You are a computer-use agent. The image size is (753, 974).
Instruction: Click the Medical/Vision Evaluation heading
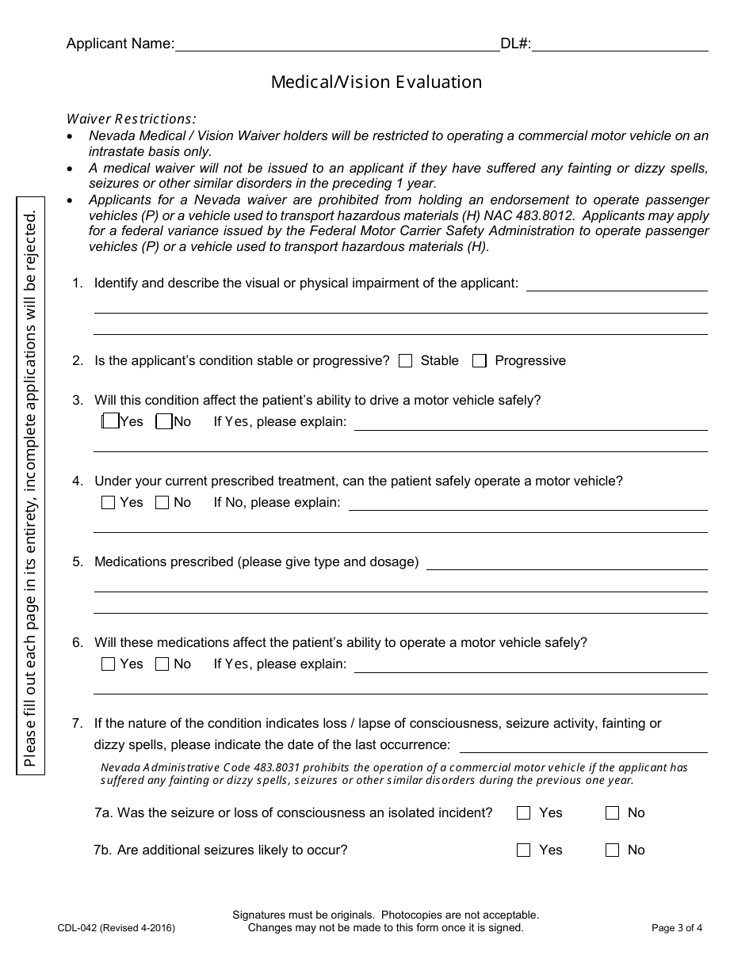click(x=376, y=82)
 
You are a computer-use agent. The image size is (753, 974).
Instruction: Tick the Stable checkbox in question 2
click(x=406, y=361)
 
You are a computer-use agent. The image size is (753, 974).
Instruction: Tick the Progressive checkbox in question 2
click(x=479, y=361)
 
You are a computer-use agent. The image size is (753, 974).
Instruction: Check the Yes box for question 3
click(x=111, y=421)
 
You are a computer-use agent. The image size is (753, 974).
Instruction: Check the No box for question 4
click(x=162, y=502)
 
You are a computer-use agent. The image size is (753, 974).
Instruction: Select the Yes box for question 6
click(x=109, y=664)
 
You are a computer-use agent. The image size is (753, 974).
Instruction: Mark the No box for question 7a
click(x=612, y=813)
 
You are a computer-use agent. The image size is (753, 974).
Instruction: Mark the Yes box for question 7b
click(x=523, y=850)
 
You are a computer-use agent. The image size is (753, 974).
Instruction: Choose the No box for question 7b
click(x=612, y=850)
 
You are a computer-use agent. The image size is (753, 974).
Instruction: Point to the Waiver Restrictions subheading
click(x=131, y=119)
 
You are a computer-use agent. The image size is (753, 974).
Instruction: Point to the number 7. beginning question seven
click(x=77, y=723)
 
